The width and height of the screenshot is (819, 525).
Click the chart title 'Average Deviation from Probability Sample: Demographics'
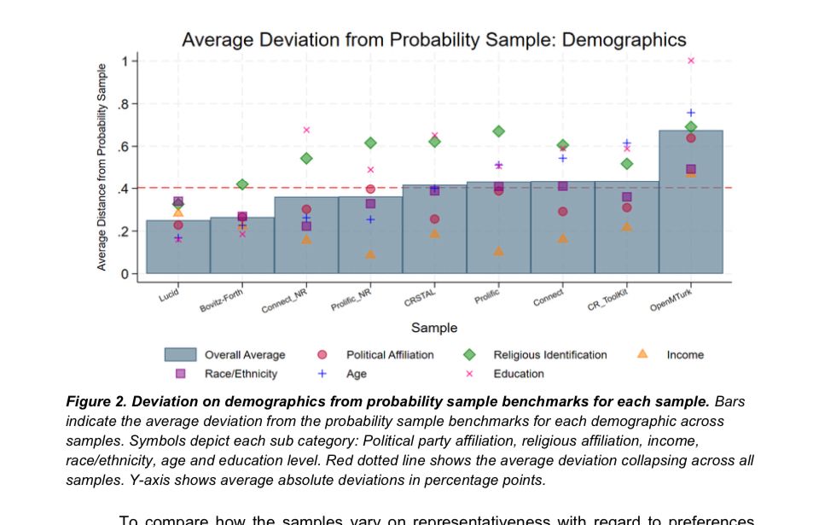click(433, 39)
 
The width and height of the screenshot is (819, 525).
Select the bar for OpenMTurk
click(690, 213)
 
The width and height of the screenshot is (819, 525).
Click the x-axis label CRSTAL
click(420, 297)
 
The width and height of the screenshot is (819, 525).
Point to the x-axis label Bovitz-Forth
click(222, 300)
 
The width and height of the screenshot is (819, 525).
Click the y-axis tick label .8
click(123, 104)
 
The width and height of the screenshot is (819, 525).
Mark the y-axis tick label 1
click(125, 61)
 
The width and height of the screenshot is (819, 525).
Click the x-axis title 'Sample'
click(434, 328)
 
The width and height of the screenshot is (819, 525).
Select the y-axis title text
click(102, 166)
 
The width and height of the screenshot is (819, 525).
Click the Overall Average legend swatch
click(180, 355)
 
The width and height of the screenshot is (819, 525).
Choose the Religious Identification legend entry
click(550, 355)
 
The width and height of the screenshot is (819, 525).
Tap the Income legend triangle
click(643, 354)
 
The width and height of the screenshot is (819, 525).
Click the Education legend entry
click(518, 374)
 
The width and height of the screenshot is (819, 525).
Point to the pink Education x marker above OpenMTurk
click(691, 61)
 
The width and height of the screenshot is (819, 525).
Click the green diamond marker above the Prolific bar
click(498, 131)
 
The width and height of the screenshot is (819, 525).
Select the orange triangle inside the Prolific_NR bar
click(370, 254)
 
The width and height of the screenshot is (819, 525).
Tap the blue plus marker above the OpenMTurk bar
click(691, 113)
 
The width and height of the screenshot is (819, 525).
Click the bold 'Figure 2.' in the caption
click(96, 401)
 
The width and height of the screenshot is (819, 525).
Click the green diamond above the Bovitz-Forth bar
click(242, 184)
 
